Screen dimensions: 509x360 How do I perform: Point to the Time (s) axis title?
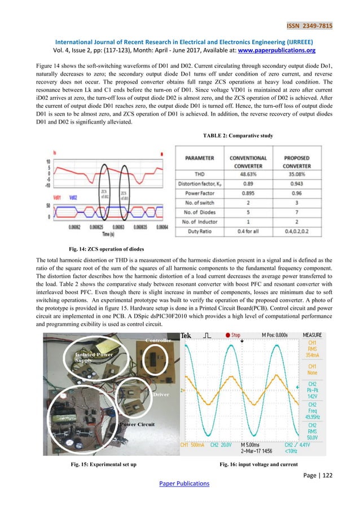(x=103, y=233)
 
